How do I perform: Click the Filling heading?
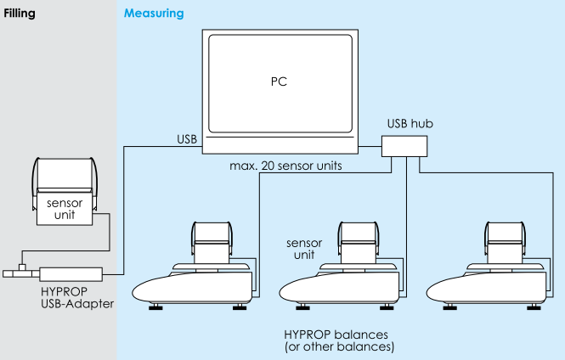[x=20, y=14]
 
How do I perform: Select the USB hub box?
[x=406, y=148]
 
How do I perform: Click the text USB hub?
[x=410, y=123]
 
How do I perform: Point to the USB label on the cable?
[x=188, y=138]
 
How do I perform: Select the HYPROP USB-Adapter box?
[x=71, y=273]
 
